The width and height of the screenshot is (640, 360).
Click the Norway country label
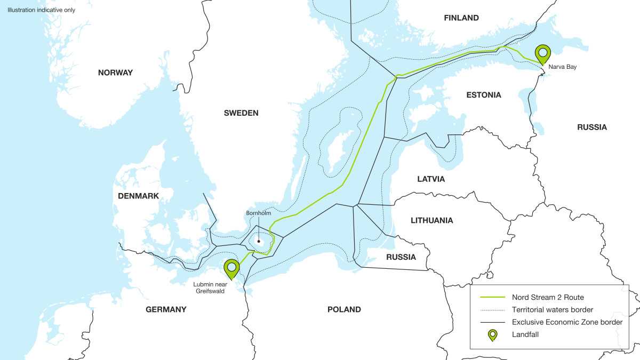tap(115, 73)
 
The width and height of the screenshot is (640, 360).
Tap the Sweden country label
tap(241, 113)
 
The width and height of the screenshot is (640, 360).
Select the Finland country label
tap(461, 18)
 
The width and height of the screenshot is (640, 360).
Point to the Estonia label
tap(484, 95)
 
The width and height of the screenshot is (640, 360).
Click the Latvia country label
tap(431, 179)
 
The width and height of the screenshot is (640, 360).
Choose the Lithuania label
tap(432, 220)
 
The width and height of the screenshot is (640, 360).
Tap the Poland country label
tap(344, 309)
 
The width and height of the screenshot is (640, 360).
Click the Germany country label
tap(166, 309)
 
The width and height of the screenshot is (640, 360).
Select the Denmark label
tap(139, 196)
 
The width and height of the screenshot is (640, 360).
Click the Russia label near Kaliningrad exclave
tap(401, 257)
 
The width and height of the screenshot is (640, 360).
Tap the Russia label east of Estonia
tap(592, 127)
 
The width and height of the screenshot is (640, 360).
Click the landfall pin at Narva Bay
tap(543, 53)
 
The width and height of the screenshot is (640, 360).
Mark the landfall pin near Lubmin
tap(231, 268)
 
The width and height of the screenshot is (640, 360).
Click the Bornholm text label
tap(259, 213)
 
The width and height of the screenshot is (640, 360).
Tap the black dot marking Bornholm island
tap(259, 241)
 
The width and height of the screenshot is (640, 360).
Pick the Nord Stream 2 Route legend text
tap(543, 297)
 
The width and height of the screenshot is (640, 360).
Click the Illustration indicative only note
tap(42, 10)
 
